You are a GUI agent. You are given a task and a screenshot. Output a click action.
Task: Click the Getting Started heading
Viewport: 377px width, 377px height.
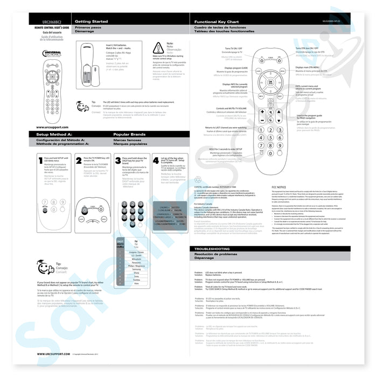[x=92, y=22]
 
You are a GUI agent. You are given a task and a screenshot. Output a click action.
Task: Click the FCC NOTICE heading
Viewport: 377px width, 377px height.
[x=278, y=187]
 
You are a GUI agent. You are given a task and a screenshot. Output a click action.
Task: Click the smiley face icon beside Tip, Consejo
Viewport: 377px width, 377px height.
[x=42, y=267]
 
